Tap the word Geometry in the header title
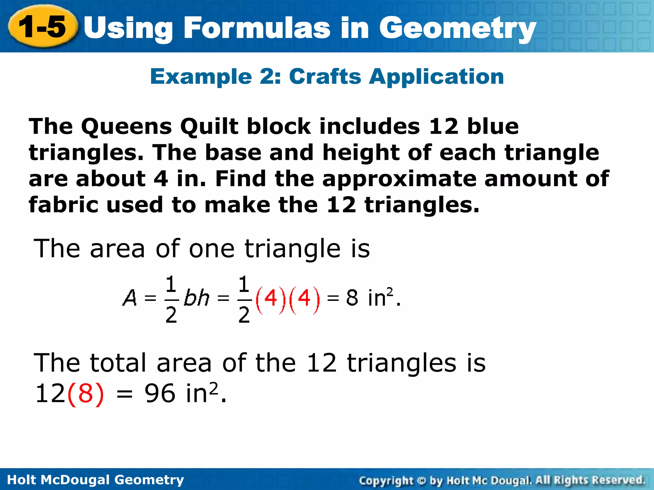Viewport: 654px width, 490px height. coord(457,29)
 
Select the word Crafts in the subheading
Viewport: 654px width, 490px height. coord(325,77)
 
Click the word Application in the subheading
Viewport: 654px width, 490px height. coord(436,78)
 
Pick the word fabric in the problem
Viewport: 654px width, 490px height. coord(63,205)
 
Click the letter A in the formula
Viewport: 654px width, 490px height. coord(130,298)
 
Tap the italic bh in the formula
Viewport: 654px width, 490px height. coord(196,298)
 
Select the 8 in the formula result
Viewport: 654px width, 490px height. coord(352,298)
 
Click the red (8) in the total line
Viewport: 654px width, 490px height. coord(86,394)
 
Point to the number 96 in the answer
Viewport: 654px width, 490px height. coord(160,394)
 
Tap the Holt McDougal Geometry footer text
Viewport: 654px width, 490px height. coord(95,480)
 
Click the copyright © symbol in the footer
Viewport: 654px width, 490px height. coord(422,480)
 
